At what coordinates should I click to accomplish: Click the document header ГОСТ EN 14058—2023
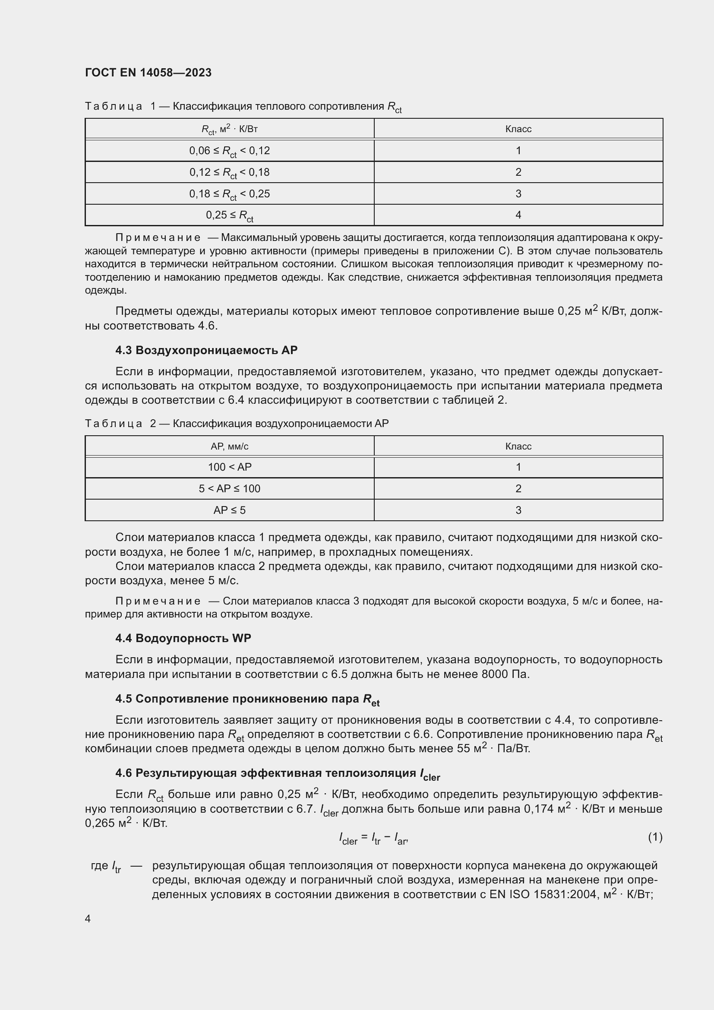[148, 73]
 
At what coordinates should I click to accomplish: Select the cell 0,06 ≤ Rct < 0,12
[230, 151]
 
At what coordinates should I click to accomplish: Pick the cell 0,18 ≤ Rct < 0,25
[230, 194]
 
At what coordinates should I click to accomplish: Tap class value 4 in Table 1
[518, 215]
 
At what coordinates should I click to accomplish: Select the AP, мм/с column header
[230, 446]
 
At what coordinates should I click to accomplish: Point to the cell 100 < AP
[230, 467]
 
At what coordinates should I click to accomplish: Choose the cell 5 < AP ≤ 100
[230, 489]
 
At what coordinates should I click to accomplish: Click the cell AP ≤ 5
[230, 510]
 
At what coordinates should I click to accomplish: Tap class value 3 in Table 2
[518, 510]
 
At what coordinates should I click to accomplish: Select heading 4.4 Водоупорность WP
[183, 638]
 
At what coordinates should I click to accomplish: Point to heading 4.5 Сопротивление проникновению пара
[247, 699]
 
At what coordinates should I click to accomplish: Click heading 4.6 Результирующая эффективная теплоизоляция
[277, 773]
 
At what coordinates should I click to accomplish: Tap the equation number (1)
[655, 837]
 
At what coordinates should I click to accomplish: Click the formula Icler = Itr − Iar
[374, 839]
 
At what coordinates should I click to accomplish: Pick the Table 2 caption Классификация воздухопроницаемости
[281, 424]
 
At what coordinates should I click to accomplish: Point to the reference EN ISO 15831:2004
[543, 894]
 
